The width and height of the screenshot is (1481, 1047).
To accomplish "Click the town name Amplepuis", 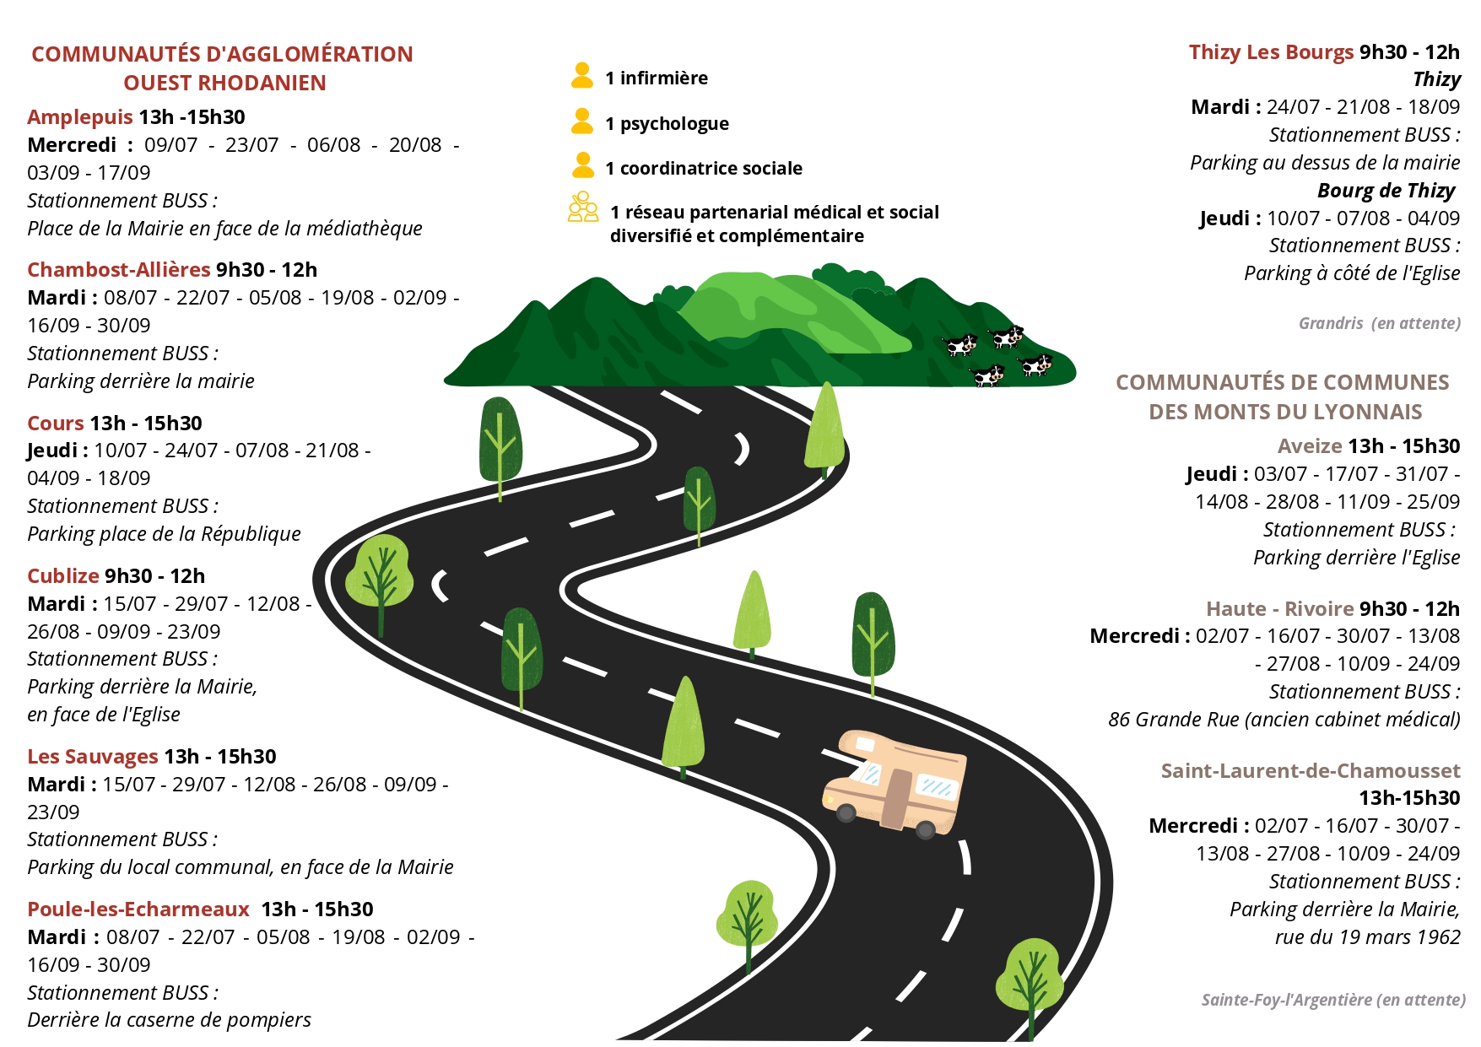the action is (80, 117).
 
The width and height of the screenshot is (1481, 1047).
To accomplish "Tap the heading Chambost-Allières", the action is (119, 270).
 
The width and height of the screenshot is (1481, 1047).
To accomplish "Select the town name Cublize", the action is (63, 576).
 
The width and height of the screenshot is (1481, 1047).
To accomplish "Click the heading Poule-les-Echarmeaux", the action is (138, 909).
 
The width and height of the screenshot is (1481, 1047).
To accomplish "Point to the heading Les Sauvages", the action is (93, 757).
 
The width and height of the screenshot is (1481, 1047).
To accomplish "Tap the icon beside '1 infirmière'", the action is (582, 75).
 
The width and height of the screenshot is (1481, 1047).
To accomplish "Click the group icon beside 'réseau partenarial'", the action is (583, 207).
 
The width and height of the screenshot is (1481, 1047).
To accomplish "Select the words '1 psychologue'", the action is (667, 124).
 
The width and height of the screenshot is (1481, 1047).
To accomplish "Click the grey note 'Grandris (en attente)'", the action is (1380, 323).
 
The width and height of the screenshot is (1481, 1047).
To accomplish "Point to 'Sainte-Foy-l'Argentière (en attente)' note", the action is (1333, 1000).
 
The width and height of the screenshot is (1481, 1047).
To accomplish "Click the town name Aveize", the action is (1310, 446).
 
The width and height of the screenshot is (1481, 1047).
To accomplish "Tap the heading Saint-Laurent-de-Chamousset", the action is (1311, 771).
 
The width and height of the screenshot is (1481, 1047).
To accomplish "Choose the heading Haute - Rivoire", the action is (1280, 609).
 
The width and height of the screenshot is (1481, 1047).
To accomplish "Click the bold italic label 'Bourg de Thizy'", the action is (1386, 191).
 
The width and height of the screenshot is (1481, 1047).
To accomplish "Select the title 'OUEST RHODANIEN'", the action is (224, 84).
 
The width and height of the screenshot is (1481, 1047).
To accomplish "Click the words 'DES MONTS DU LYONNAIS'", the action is (1285, 413).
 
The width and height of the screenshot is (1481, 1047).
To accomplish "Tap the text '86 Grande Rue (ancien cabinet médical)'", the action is (1284, 720).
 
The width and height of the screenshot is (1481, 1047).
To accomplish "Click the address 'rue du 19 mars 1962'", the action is (1368, 937).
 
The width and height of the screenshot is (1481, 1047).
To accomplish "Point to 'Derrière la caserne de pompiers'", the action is (169, 1020).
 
